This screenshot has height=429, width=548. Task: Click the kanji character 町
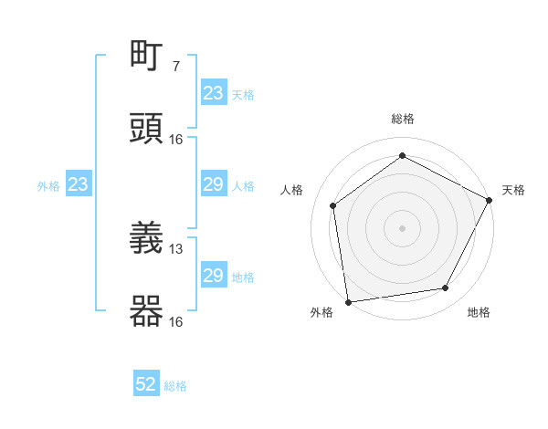click(147, 57)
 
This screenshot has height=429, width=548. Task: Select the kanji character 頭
click(147, 128)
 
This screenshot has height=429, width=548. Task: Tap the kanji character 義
click(147, 239)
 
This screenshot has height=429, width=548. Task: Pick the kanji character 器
click(147, 310)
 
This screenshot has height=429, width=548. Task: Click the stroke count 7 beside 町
click(176, 66)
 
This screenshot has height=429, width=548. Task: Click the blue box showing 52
click(146, 384)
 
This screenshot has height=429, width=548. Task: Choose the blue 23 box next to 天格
click(214, 93)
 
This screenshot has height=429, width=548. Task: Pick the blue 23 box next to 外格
click(79, 184)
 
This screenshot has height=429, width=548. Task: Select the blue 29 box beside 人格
click(214, 184)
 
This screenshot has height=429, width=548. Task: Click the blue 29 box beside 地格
click(214, 276)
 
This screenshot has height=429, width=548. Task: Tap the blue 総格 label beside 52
click(175, 385)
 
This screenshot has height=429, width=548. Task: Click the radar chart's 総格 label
click(403, 119)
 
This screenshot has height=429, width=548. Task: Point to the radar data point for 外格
click(348, 301)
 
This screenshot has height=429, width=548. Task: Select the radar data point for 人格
click(333, 205)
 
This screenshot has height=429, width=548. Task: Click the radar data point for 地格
click(446, 288)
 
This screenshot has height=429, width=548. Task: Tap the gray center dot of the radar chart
click(403, 227)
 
